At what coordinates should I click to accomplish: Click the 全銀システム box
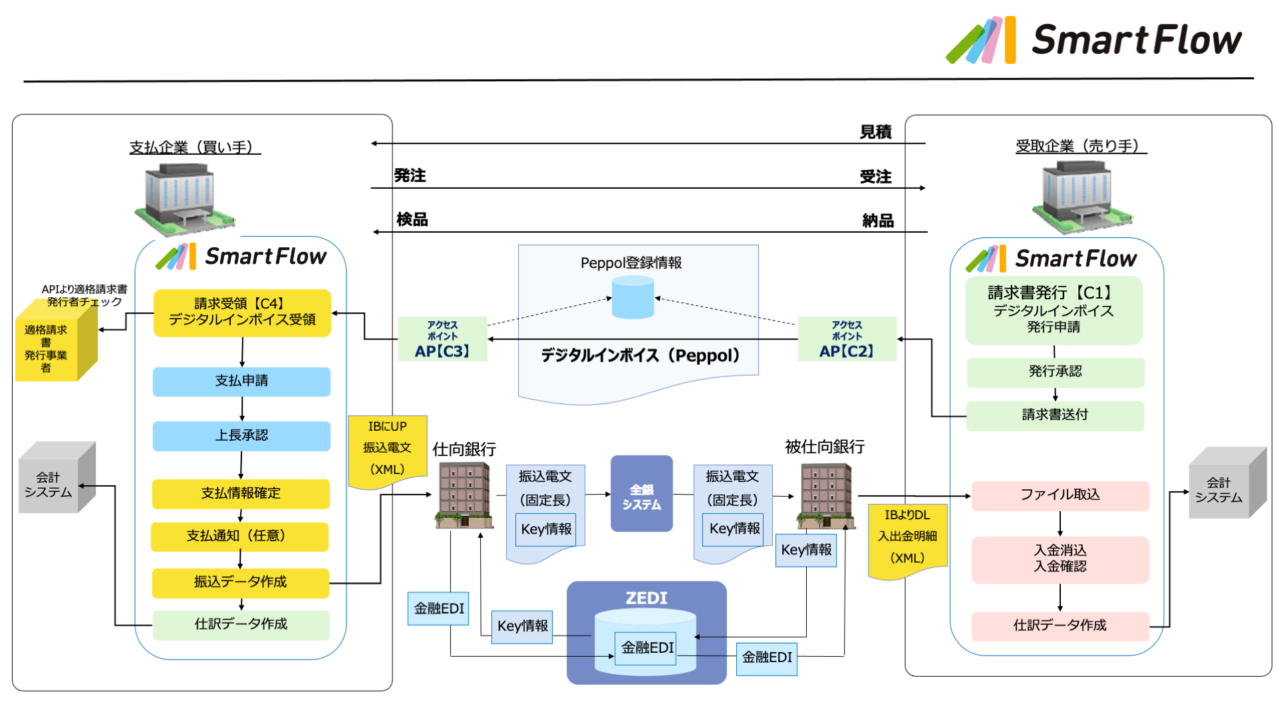641,494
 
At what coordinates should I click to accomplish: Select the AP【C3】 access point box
442,339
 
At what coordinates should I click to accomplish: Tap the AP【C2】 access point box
847,339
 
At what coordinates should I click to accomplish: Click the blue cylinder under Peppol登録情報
633,297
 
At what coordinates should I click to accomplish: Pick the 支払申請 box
241,382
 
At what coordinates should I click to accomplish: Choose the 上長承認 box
241,436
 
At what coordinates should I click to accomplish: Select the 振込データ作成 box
240,582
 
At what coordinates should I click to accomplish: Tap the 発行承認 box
1055,372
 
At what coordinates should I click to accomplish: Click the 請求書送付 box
1055,416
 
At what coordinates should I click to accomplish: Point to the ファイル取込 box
1060,495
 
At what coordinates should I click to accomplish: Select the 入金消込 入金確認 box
1060,559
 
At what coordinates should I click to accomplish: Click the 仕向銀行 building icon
464,495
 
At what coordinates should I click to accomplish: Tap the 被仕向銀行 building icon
825,495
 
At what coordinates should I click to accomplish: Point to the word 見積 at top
875,132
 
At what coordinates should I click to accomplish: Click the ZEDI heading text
646,598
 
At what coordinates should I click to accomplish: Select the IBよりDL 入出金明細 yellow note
907,539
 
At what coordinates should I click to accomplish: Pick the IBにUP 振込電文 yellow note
387,449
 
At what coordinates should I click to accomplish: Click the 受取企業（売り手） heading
1080,146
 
